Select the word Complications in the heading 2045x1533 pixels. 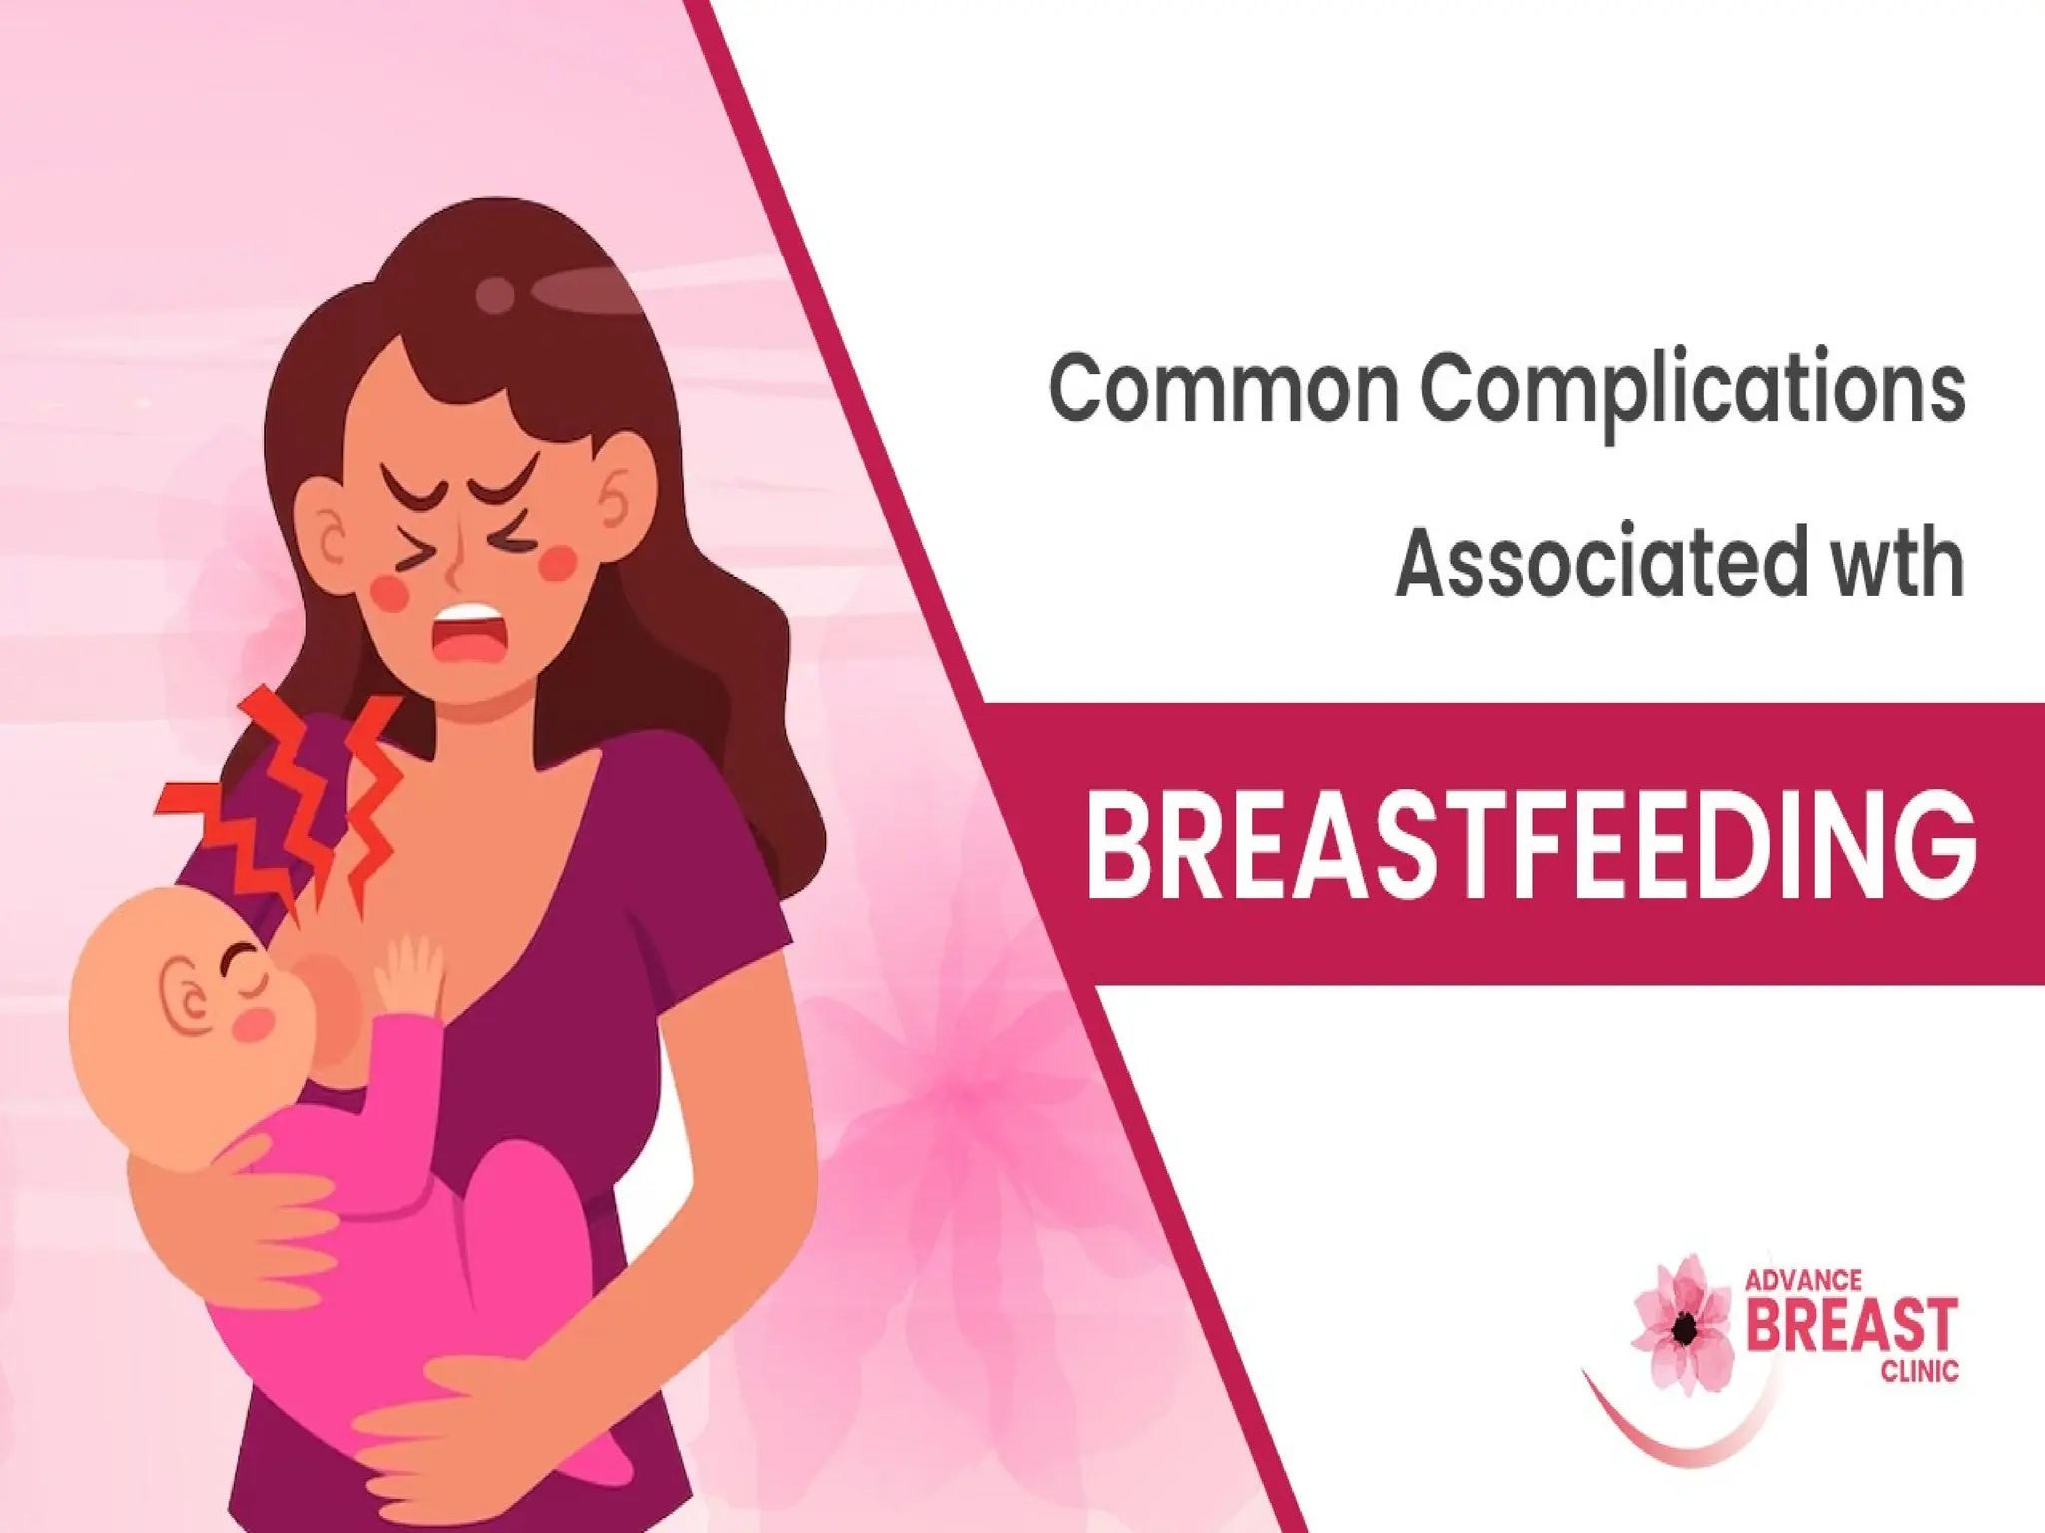pyautogui.click(x=1693, y=391)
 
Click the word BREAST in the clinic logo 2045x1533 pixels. pyautogui.click(x=1852, y=1326)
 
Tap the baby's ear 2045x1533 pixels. pyautogui.click(x=187, y=998)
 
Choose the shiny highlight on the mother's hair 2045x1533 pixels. pyautogui.click(x=579, y=292)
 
